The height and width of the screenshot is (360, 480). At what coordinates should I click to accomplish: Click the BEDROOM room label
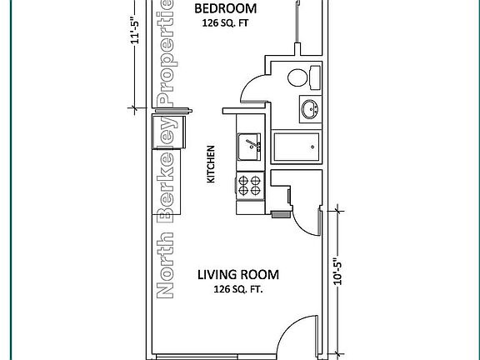(226, 8)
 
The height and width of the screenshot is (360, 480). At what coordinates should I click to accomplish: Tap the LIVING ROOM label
(238, 275)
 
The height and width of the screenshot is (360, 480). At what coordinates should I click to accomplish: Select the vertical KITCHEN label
(211, 164)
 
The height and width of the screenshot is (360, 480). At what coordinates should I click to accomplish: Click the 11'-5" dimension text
(135, 29)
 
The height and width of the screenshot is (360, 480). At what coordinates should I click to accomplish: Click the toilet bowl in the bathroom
(297, 77)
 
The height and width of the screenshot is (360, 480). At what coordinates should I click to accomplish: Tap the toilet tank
(315, 77)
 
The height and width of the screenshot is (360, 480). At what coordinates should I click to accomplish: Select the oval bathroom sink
(310, 109)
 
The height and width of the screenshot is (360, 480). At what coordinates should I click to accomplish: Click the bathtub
(297, 147)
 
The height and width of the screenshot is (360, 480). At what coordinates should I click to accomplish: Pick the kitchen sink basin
(249, 147)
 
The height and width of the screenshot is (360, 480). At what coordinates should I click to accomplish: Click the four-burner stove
(249, 186)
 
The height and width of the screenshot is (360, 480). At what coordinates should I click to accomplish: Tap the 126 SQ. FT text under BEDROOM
(225, 23)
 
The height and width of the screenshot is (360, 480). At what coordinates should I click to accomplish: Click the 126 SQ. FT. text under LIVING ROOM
(238, 289)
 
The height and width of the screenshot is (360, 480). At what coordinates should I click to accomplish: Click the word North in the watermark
(165, 265)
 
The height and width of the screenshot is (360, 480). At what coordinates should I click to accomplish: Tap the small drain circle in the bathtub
(312, 147)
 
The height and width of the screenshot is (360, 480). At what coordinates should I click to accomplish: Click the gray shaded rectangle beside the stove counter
(281, 215)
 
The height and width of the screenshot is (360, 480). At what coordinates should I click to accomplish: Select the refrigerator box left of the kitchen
(168, 132)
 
